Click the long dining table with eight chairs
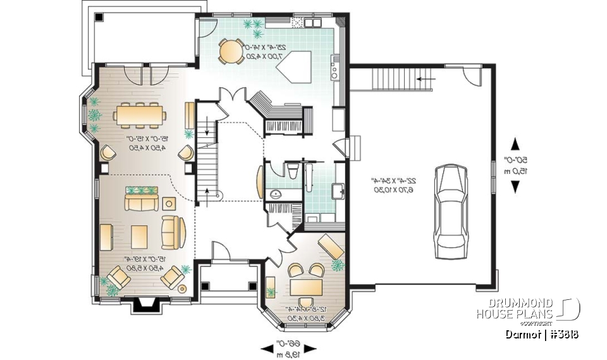[140, 115]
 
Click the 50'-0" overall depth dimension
[516, 165]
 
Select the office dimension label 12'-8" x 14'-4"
[307, 314]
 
